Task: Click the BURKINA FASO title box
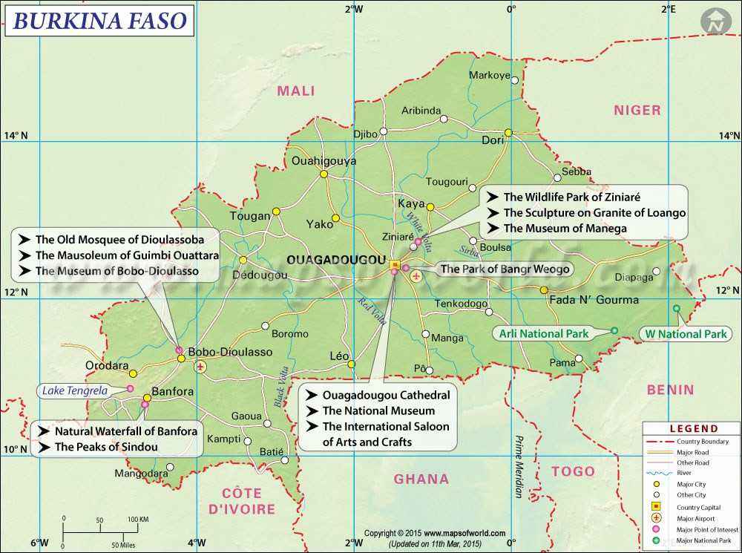click(x=99, y=20)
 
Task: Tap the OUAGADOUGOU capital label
click(x=336, y=261)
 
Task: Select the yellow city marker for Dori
click(x=508, y=133)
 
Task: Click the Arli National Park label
click(x=544, y=333)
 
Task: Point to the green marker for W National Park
click(x=676, y=308)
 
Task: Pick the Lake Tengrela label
click(x=74, y=390)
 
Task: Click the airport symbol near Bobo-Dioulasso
click(x=200, y=367)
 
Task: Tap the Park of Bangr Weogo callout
click(x=505, y=269)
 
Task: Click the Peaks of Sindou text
click(x=106, y=447)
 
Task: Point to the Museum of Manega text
click(x=565, y=229)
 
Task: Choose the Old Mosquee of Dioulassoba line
click(x=119, y=240)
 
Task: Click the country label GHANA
click(x=421, y=479)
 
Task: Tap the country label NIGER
click(x=637, y=110)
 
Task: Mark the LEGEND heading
click(x=694, y=428)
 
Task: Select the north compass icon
click(x=715, y=22)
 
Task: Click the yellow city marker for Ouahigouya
click(x=324, y=174)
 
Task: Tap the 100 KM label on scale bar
click(x=138, y=519)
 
